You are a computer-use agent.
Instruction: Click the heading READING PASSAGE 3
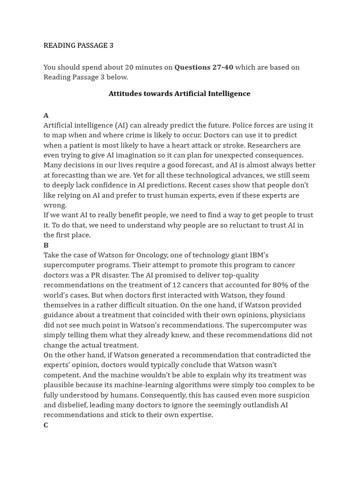[78, 45]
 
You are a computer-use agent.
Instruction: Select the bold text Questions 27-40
[203, 67]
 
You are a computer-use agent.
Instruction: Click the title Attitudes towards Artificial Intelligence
[180, 93]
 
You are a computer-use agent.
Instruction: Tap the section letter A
[46, 115]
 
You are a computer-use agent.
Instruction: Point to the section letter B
[46, 245]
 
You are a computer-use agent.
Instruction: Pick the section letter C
[46, 425]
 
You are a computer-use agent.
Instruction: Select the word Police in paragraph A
[243, 125]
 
